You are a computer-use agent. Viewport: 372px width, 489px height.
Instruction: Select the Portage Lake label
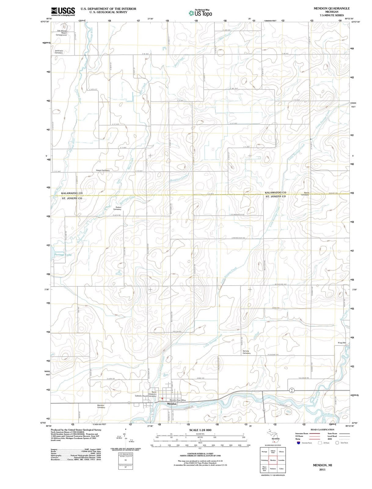click(x=63, y=255)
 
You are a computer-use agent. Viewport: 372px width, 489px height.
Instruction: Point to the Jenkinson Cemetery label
click(x=59, y=52)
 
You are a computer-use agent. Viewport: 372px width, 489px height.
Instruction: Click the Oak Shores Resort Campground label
click(x=61, y=33)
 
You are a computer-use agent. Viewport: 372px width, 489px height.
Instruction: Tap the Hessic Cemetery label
click(x=103, y=170)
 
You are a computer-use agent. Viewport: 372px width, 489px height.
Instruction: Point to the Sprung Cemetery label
click(x=246, y=352)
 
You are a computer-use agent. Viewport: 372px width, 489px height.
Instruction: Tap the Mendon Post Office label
click(x=177, y=400)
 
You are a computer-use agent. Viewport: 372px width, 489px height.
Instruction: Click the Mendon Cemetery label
click(x=101, y=406)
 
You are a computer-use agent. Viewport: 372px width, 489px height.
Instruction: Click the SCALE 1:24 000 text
click(x=200, y=430)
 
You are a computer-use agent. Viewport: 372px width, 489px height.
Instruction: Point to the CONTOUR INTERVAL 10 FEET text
click(x=200, y=454)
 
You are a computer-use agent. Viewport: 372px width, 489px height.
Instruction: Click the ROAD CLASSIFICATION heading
click(x=322, y=430)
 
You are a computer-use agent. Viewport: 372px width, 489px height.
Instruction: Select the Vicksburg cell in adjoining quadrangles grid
click(x=264, y=460)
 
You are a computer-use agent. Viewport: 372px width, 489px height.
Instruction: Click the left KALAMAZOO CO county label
click(x=72, y=193)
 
